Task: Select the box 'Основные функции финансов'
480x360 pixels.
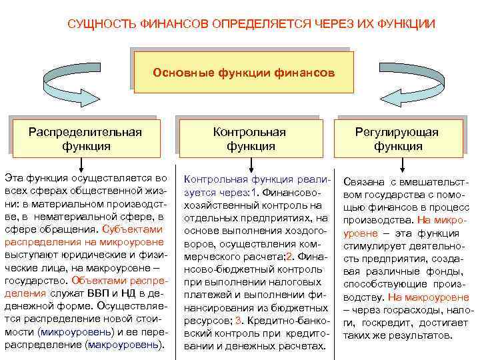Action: click(244, 71)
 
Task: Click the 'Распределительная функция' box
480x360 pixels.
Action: click(85, 138)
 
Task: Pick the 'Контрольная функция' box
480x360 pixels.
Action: click(249, 139)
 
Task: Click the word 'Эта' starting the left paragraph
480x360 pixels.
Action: click(15, 178)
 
